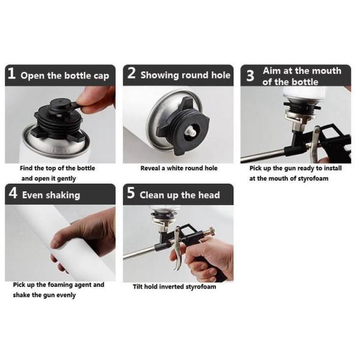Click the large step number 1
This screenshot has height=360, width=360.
(12, 73)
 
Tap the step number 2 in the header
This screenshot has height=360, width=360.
(131, 73)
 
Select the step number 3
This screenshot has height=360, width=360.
(250, 76)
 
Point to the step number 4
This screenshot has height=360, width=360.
(13, 193)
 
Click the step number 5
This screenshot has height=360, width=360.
(131, 193)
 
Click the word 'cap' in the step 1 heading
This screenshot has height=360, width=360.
(101, 76)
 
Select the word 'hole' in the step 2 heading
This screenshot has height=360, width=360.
(221, 75)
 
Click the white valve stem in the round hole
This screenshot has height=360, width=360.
(191, 132)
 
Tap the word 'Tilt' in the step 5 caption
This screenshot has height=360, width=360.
(138, 287)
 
